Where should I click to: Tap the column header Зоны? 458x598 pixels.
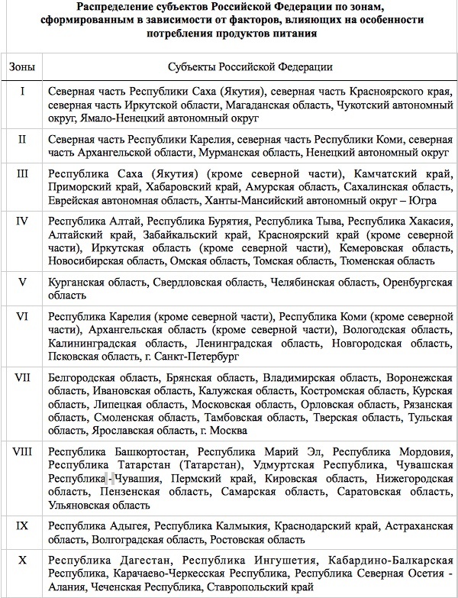[22, 67]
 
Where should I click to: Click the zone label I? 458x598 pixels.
[22, 92]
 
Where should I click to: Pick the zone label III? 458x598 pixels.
[22, 173]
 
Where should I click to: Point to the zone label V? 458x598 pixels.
[22, 281]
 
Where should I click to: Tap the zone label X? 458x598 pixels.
[22, 561]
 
